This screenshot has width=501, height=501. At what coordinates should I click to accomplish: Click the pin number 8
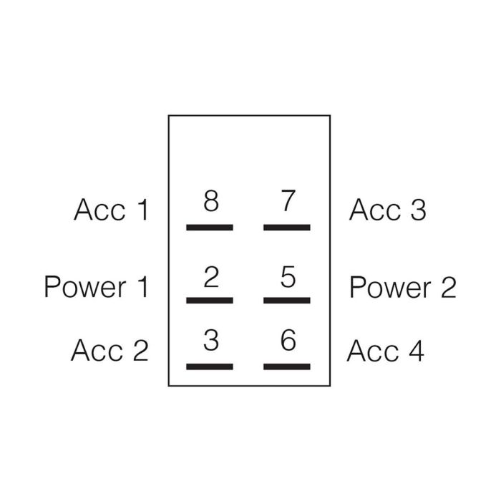point(210,202)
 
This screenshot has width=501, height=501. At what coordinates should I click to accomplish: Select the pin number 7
point(288,202)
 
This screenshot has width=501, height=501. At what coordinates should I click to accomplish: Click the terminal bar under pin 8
point(210,227)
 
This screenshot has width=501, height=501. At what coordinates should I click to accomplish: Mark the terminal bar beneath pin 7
point(287,227)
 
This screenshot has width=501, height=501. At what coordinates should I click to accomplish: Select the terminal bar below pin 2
point(210,300)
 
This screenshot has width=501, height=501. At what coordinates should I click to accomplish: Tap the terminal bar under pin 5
point(287,300)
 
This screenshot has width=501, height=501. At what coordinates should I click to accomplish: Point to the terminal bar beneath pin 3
point(210,366)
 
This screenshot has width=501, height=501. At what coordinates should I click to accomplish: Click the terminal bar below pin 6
point(287,366)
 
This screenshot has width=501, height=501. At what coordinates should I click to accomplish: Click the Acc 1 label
point(111,210)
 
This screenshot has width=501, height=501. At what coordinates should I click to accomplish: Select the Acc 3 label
point(387,210)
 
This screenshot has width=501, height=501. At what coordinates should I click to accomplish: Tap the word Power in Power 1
point(84,287)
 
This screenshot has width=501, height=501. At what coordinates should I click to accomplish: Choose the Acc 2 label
point(110,351)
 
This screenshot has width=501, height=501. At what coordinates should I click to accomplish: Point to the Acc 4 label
point(386,351)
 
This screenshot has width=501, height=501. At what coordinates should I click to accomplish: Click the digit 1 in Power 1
point(142,287)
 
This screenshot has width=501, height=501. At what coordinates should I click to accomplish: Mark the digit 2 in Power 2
point(447,287)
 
